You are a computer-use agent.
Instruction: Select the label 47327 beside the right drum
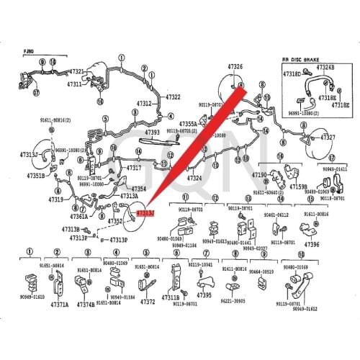click(329, 137)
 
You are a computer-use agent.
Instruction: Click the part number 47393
click(152, 132)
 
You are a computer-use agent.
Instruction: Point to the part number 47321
click(76, 72)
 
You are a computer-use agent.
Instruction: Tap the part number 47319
click(56, 200)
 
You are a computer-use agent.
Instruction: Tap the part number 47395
click(204, 294)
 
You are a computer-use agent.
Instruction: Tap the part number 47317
click(135, 168)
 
